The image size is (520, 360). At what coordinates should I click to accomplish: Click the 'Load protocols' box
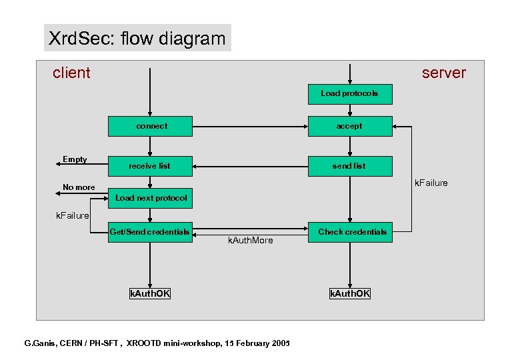pyautogui.click(x=349, y=94)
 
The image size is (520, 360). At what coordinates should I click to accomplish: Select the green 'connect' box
pyautogui.click(x=151, y=126)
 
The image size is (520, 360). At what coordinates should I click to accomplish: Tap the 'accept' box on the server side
pyautogui.click(x=349, y=126)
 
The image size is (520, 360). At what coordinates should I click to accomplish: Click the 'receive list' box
pyautogui.click(x=150, y=166)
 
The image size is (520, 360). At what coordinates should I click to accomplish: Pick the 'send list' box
pyautogui.click(x=349, y=166)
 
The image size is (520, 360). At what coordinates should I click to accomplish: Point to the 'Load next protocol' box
pyautogui.click(x=151, y=198)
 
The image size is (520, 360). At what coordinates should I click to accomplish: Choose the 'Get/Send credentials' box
pyautogui.click(x=150, y=232)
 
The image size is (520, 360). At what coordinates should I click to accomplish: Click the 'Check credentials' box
pyautogui.click(x=352, y=232)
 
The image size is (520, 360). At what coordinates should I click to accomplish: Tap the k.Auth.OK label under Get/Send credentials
pyautogui.click(x=149, y=294)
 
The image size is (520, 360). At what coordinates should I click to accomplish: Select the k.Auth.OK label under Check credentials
pyautogui.click(x=349, y=294)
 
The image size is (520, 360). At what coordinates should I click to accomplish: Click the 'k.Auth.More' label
pyautogui.click(x=250, y=241)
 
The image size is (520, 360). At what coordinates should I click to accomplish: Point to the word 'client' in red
pyautogui.click(x=71, y=73)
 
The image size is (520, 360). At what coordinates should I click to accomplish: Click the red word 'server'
pyautogui.click(x=443, y=73)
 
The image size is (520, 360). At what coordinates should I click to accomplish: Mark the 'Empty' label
pyautogui.click(x=75, y=159)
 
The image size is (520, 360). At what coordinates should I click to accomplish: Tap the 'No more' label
pyautogui.click(x=79, y=187)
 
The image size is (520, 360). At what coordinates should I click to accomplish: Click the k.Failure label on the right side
pyautogui.click(x=431, y=183)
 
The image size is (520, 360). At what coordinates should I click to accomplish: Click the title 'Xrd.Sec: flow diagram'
pyautogui.click(x=137, y=39)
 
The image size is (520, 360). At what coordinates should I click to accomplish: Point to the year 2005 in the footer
pyautogui.click(x=279, y=343)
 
